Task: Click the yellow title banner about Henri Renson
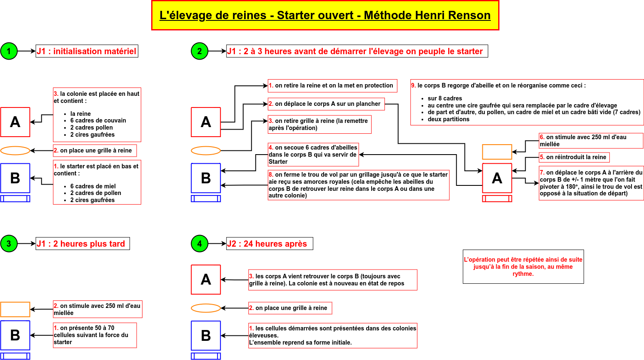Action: pyautogui.click(x=325, y=15)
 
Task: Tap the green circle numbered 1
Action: pyautogui.click(x=9, y=51)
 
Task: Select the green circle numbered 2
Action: pyautogui.click(x=200, y=51)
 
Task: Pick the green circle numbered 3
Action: pyautogui.click(x=9, y=244)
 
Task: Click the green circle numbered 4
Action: pyautogui.click(x=200, y=244)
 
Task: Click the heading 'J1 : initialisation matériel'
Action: pyautogui.click(x=87, y=51)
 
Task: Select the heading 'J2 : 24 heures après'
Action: pyautogui.click(x=270, y=244)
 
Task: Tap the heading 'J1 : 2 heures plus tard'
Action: pyautogui.click(x=82, y=244)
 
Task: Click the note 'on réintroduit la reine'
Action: pyautogui.click(x=574, y=157)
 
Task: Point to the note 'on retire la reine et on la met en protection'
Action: pyautogui.click(x=332, y=85)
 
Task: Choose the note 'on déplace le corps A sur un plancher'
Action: pyautogui.click(x=326, y=104)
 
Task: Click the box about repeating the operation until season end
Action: pyautogui.click(x=523, y=267)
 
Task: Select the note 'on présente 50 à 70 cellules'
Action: pyautogui.click(x=95, y=335)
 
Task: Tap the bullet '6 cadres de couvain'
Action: pyautogui.click(x=98, y=120)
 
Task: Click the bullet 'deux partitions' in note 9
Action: pyautogui.click(x=448, y=119)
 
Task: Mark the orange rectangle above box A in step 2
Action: pyautogui.click(x=497, y=152)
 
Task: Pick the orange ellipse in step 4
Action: pyautogui.click(x=206, y=308)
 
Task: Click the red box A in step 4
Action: pyautogui.click(x=206, y=280)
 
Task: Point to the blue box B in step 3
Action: pyautogui.click(x=15, y=335)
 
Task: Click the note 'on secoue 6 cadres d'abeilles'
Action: pyautogui.click(x=313, y=154)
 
